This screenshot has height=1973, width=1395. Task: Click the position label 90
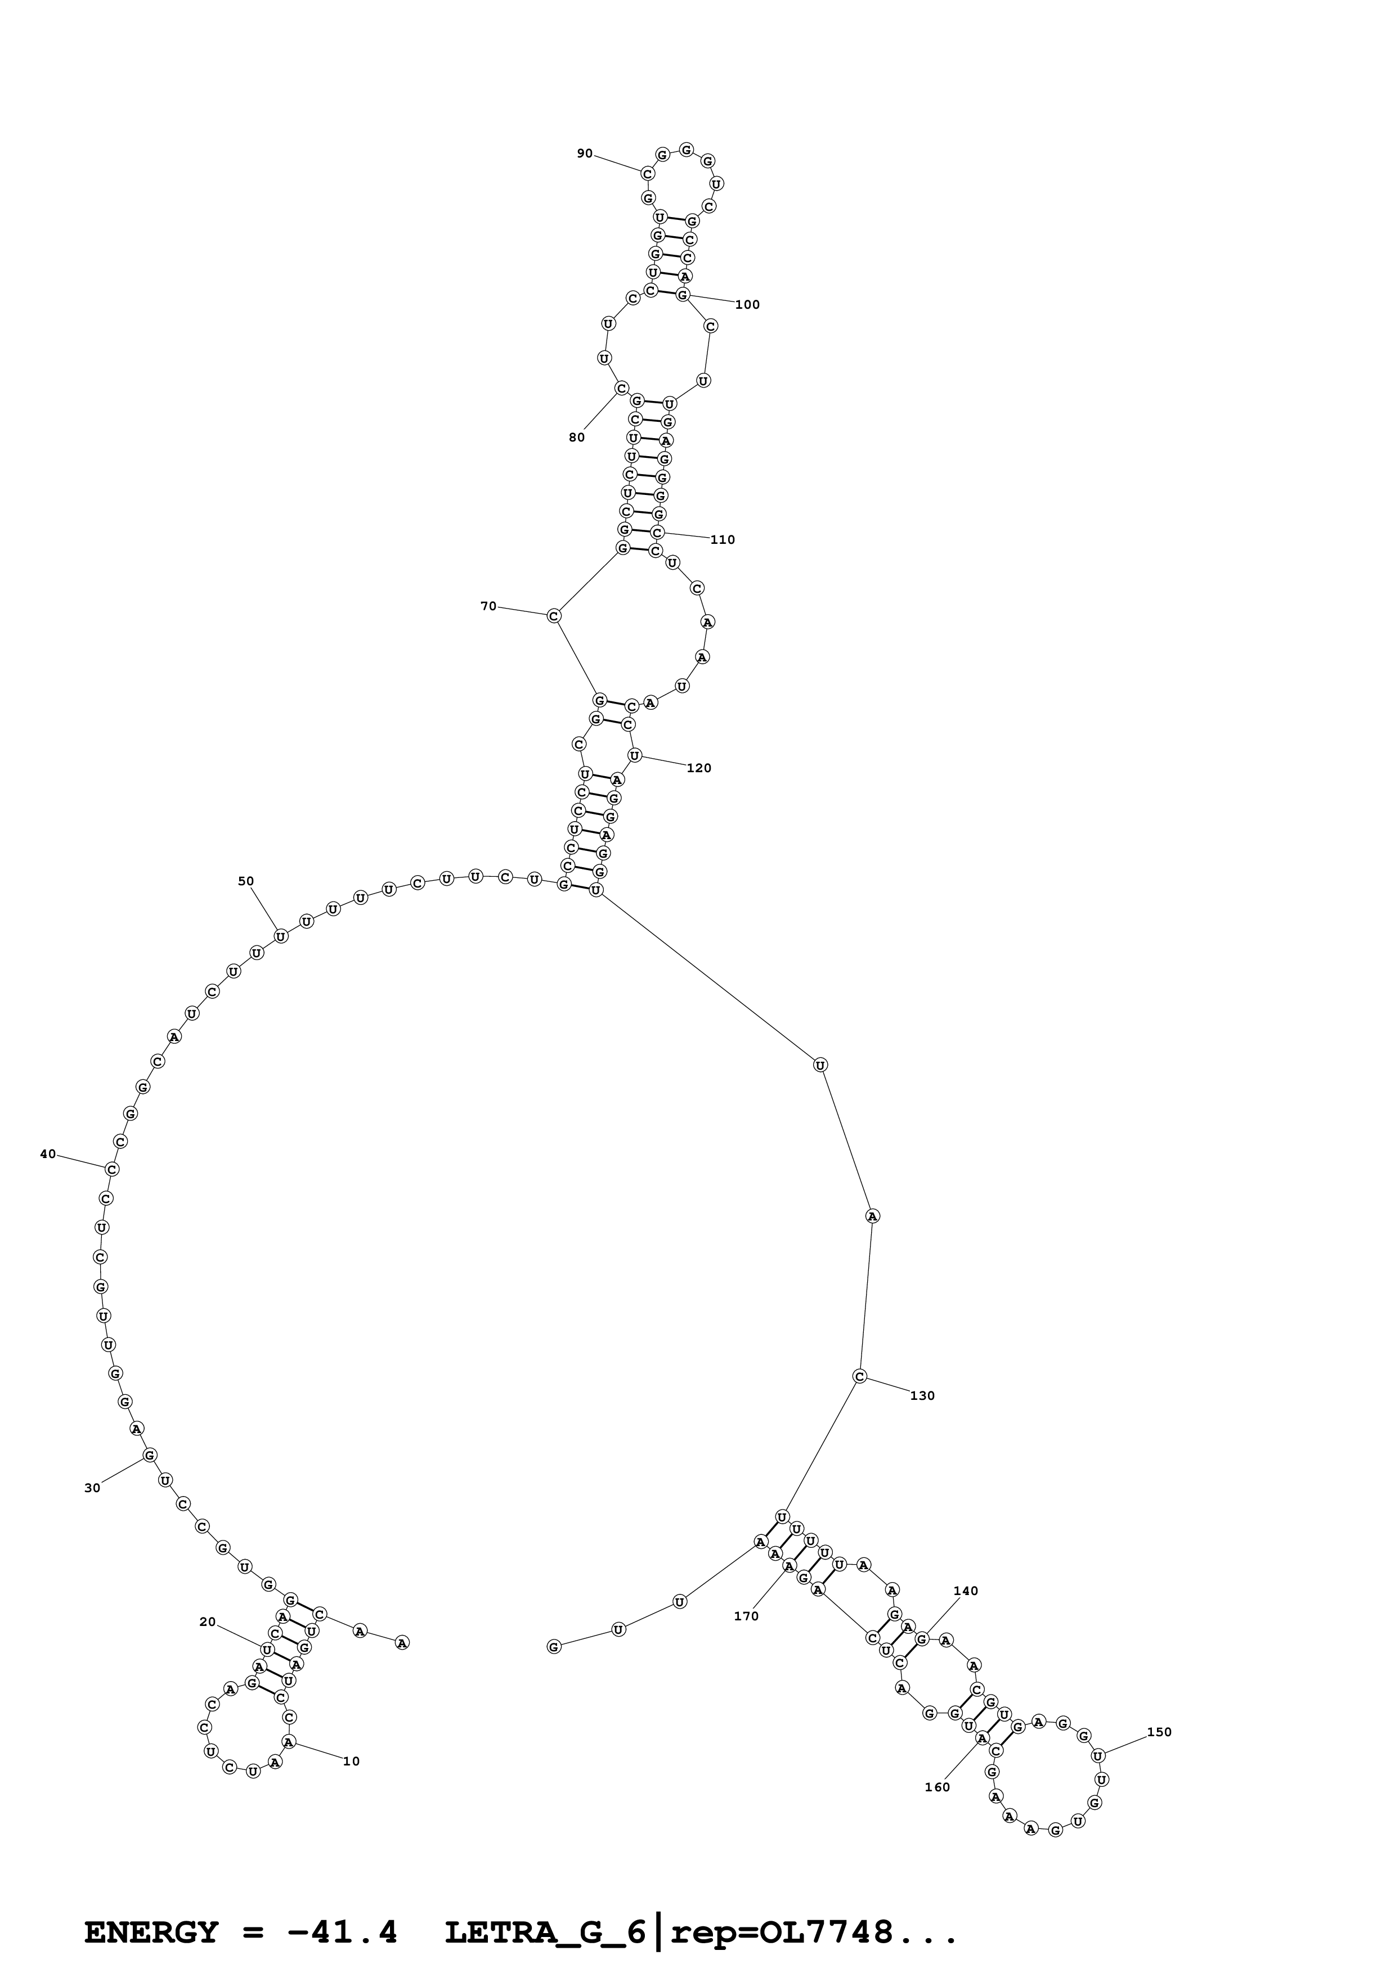click(585, 154)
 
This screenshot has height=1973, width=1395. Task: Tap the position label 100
click(747, 305)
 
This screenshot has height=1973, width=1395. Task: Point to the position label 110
click(722, 540)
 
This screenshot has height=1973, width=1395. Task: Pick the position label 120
click(699, 768)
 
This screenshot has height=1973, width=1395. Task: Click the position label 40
click(48, 1154)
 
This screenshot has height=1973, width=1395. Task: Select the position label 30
click(92, 1488)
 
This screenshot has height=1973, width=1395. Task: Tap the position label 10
click(351, 1755)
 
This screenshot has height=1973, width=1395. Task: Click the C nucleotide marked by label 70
click(554, 616)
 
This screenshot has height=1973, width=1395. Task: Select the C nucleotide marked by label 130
click(859, 1377)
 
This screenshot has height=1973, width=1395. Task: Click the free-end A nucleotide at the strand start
click(401, 1643)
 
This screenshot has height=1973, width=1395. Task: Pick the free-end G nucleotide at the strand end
click(554, 1646)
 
